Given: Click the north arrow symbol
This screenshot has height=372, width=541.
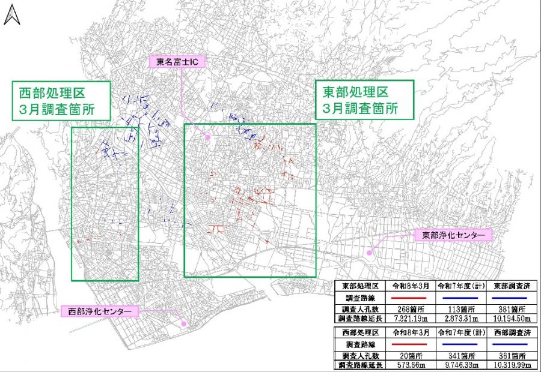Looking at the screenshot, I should click(10, 15).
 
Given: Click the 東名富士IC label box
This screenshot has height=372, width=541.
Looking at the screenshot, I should click(170, 61).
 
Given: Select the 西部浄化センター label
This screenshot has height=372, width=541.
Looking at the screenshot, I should click(100, 311).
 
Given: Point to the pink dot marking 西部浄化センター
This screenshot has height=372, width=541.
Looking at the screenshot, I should click(185, 324).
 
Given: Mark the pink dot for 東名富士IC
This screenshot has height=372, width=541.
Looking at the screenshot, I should click(208, 137).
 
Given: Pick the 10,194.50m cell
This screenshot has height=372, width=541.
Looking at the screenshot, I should click(511, 318).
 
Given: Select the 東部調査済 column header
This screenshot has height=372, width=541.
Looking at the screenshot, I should click(511, 285).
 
